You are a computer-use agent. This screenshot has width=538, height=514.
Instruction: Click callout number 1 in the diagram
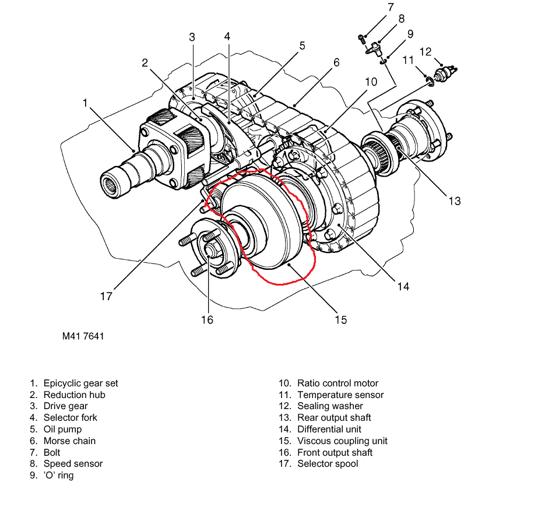[85, 103]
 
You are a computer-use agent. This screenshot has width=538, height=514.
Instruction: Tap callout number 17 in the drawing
[106, 296]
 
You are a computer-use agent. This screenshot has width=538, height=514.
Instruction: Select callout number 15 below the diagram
[341, 320]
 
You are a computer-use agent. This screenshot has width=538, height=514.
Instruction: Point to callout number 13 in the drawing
[455, 201]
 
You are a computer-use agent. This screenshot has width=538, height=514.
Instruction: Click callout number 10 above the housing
[371, 82]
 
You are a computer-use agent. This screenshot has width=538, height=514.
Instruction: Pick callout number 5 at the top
[302, 45]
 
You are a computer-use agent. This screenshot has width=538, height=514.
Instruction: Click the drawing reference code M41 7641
[83, 336]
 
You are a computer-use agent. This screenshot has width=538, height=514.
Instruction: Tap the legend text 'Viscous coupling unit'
[342, 441]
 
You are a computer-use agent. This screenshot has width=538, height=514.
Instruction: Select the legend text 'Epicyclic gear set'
[80, 383]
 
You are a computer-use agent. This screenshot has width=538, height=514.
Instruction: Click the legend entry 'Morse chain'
[69, 441]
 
